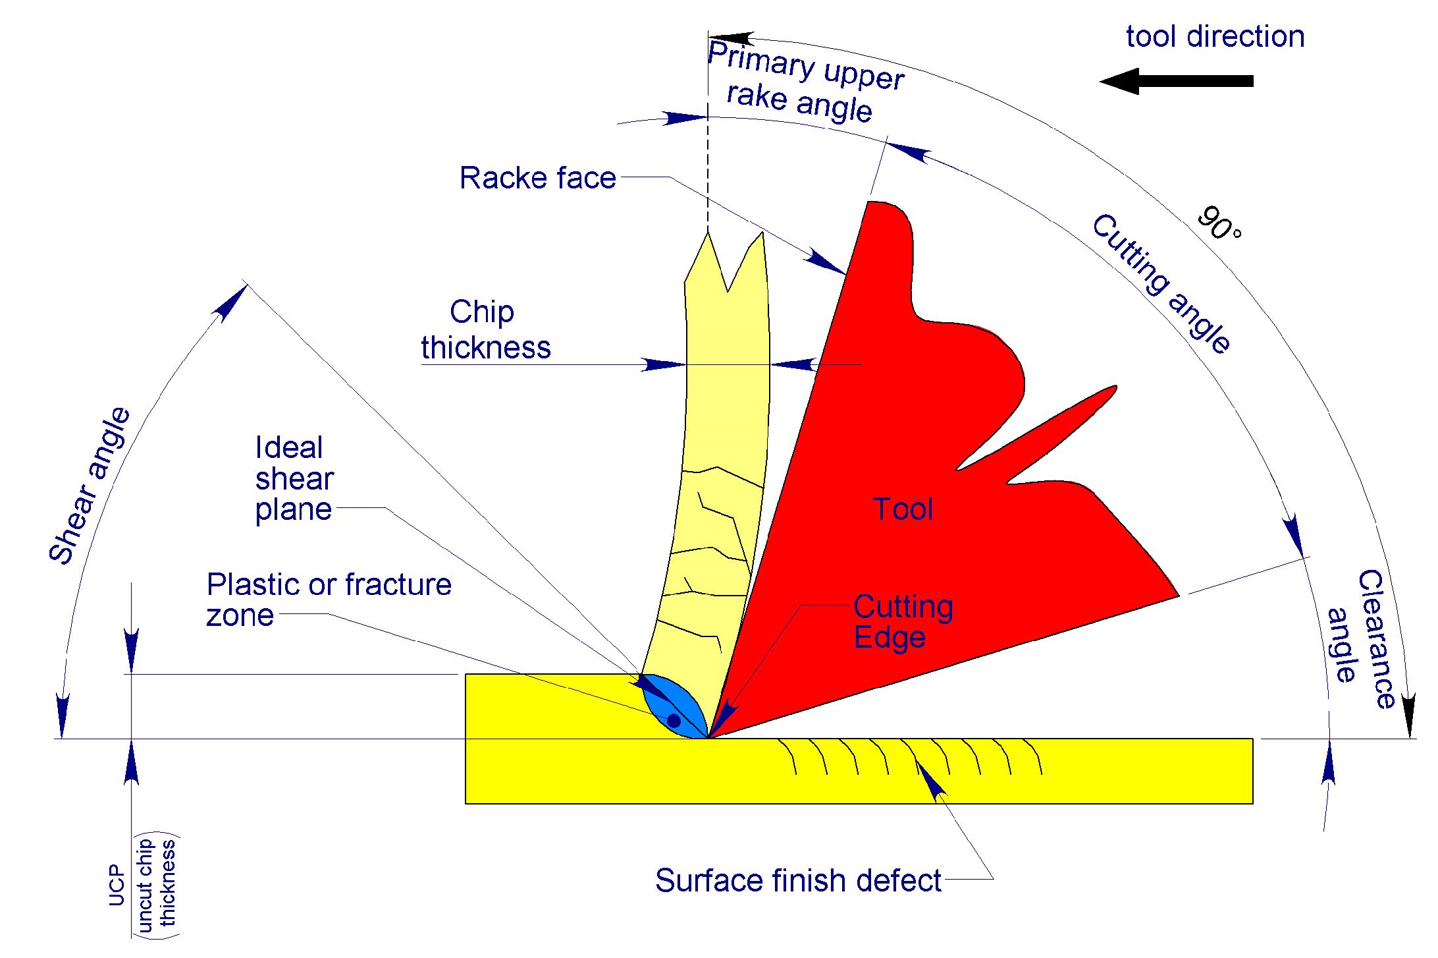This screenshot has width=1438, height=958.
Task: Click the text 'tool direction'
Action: pyautogui.click(x=1215, y=36)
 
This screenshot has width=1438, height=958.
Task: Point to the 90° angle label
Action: pyautogui.click(x=1218, y=224)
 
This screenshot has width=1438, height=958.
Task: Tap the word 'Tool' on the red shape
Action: pyautogui.click(x=903, y=509)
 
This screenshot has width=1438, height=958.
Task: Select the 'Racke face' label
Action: pyautogui.click(x=537, y=178)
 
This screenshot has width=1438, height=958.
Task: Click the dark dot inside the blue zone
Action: pyautogui.click(x=674, y=720)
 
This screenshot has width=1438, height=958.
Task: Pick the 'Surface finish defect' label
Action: pyautogui.click(x=798, y=881)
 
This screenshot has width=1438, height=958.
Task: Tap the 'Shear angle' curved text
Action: pyautogui.click(x=90, y=486)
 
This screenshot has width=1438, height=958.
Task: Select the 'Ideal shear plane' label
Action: pyautogui.click(x=294, y=478)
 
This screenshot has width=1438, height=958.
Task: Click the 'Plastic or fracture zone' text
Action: pyautogui.click(x=328, y=600)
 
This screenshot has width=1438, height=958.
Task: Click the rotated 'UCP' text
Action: pyautogui.click(x=117, y=885)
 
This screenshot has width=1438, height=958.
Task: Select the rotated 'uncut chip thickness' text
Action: pyautogui.click(x=156, y=885)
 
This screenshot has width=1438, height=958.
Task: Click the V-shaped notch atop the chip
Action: pyautogui.click(x=728, y=277)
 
